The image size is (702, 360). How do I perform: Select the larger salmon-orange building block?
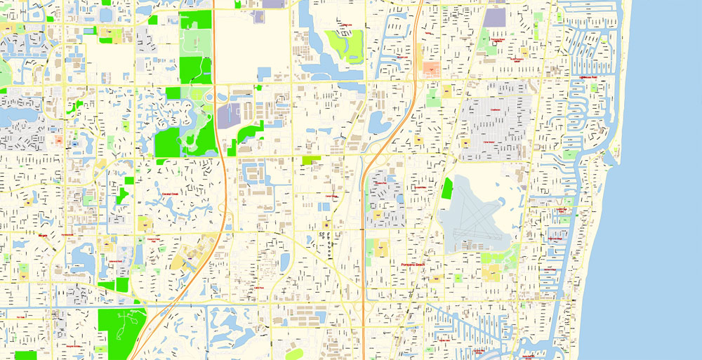[430, 69]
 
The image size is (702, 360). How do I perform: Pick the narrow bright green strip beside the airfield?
[447, 188]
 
